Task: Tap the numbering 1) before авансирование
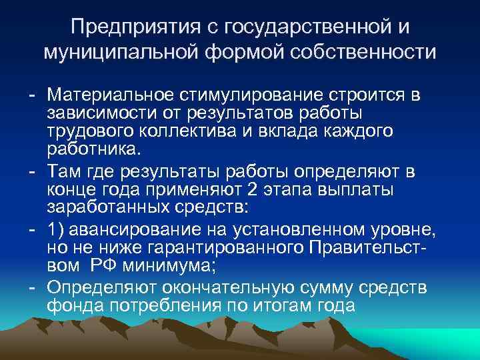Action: coord(55,231)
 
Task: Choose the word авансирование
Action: coord(132,231)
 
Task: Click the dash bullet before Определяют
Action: coord(32,289)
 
